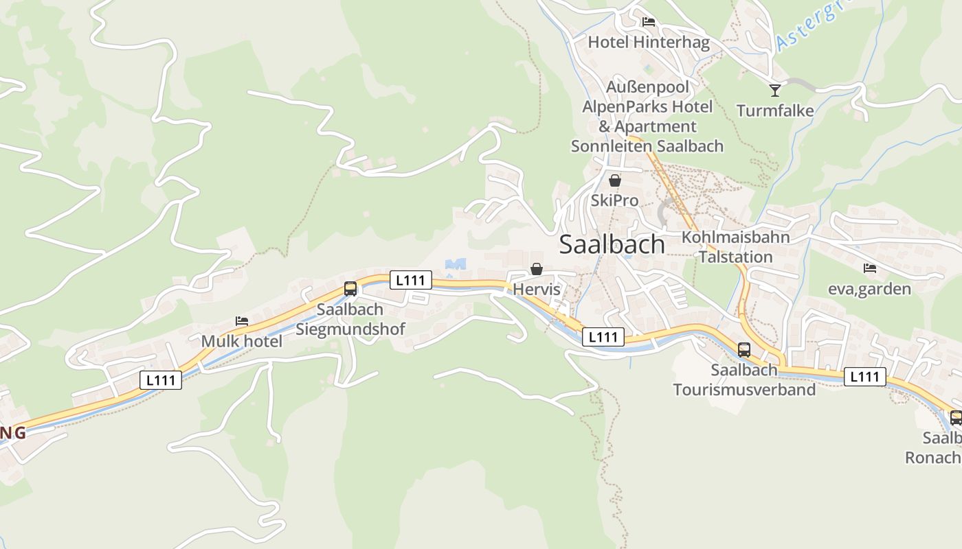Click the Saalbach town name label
pos(612,244)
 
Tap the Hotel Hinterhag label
pos(649,43)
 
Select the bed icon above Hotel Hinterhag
pos(649,22)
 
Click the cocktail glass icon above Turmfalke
pos(775,90)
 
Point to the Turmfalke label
pos(775,110)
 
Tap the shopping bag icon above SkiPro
pos(615,180)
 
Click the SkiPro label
pos(615,200)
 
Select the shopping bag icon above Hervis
pos(537,269)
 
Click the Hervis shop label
pos(537,290)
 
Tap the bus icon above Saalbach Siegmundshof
pos(350,289)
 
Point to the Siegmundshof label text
pos(350,329)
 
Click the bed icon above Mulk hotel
pos(241,320)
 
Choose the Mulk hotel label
pos(241,341)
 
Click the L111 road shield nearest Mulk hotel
pos(161,380)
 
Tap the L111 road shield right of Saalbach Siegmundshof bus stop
pos(411,280)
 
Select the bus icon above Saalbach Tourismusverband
pos(744,350)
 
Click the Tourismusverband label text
pos(744,390)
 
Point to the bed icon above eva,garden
pos(870,268)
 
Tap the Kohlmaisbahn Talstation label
pos(736,247)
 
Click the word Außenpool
pos(647,88)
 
